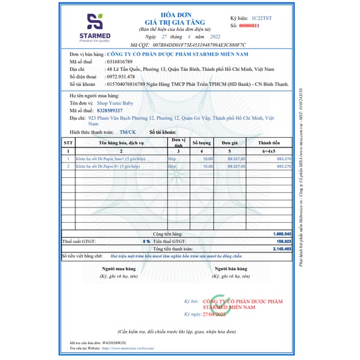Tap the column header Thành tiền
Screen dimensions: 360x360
[273, 144]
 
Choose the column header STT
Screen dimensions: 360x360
[68, 144]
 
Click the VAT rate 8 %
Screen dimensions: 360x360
[147, 241]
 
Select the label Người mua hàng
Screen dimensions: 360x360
[118, 270]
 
